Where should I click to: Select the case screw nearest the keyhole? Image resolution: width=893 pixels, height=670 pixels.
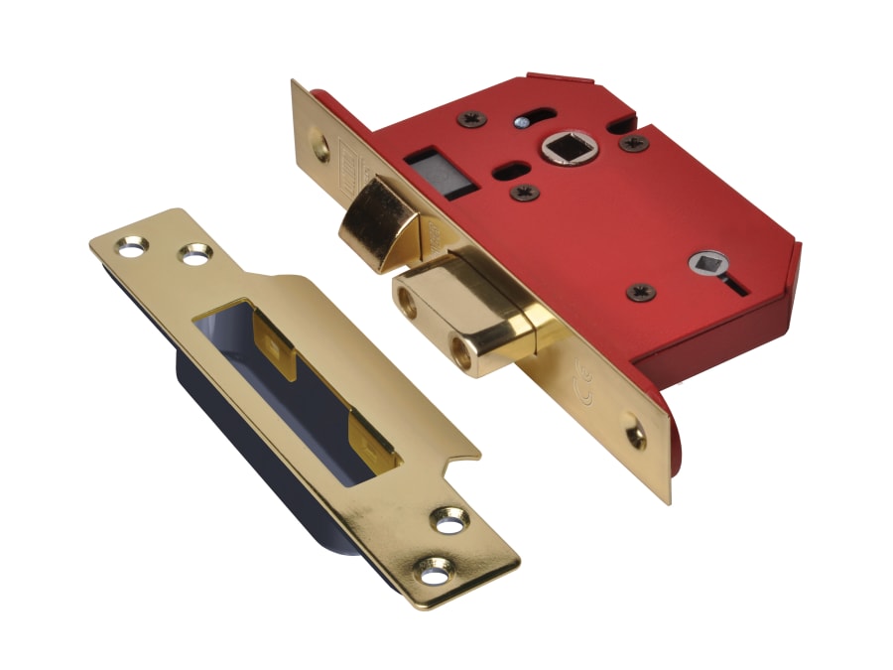tap(639, 293)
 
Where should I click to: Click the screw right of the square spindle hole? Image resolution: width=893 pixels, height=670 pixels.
tap(632, 143)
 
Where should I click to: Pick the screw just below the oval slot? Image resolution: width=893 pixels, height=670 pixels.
tap(525, 191)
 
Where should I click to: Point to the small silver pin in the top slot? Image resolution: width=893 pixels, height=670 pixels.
tap(522, 122)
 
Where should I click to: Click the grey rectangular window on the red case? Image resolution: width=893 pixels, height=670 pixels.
tap(435, 171)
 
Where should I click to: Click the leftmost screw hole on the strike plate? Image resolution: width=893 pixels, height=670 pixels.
tap(130, 242)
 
